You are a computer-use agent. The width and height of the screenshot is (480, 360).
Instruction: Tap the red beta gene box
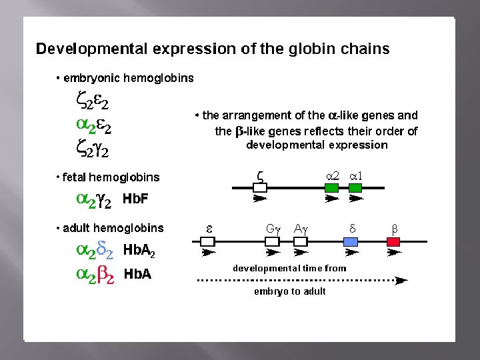point(393,242)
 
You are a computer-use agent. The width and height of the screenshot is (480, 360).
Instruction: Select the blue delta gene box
point(351,242)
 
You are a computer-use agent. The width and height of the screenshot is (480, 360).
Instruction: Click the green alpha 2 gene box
point(332,188)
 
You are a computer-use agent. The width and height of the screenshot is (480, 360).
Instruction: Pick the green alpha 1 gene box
point(355,188)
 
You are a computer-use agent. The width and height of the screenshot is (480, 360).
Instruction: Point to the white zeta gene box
point(260,188)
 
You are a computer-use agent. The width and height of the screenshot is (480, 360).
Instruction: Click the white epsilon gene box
point(208,242)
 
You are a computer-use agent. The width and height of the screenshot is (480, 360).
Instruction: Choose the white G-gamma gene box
point(272,242)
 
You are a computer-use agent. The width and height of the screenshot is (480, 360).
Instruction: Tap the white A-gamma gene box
point(301,242)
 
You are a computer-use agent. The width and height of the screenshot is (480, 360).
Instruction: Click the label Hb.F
point(135,199)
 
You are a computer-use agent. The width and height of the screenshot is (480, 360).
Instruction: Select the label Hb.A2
point(139,252)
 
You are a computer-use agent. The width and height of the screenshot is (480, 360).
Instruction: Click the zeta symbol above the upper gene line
point(260,176)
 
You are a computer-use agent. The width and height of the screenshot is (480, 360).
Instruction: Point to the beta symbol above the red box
point(394,229)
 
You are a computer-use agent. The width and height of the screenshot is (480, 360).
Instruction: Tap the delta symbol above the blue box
point(353,228)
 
